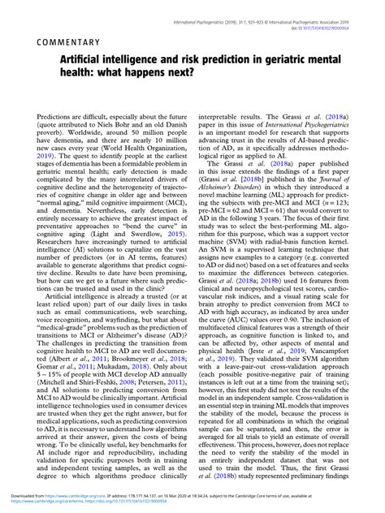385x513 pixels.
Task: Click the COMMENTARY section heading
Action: (x=79, y=41)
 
